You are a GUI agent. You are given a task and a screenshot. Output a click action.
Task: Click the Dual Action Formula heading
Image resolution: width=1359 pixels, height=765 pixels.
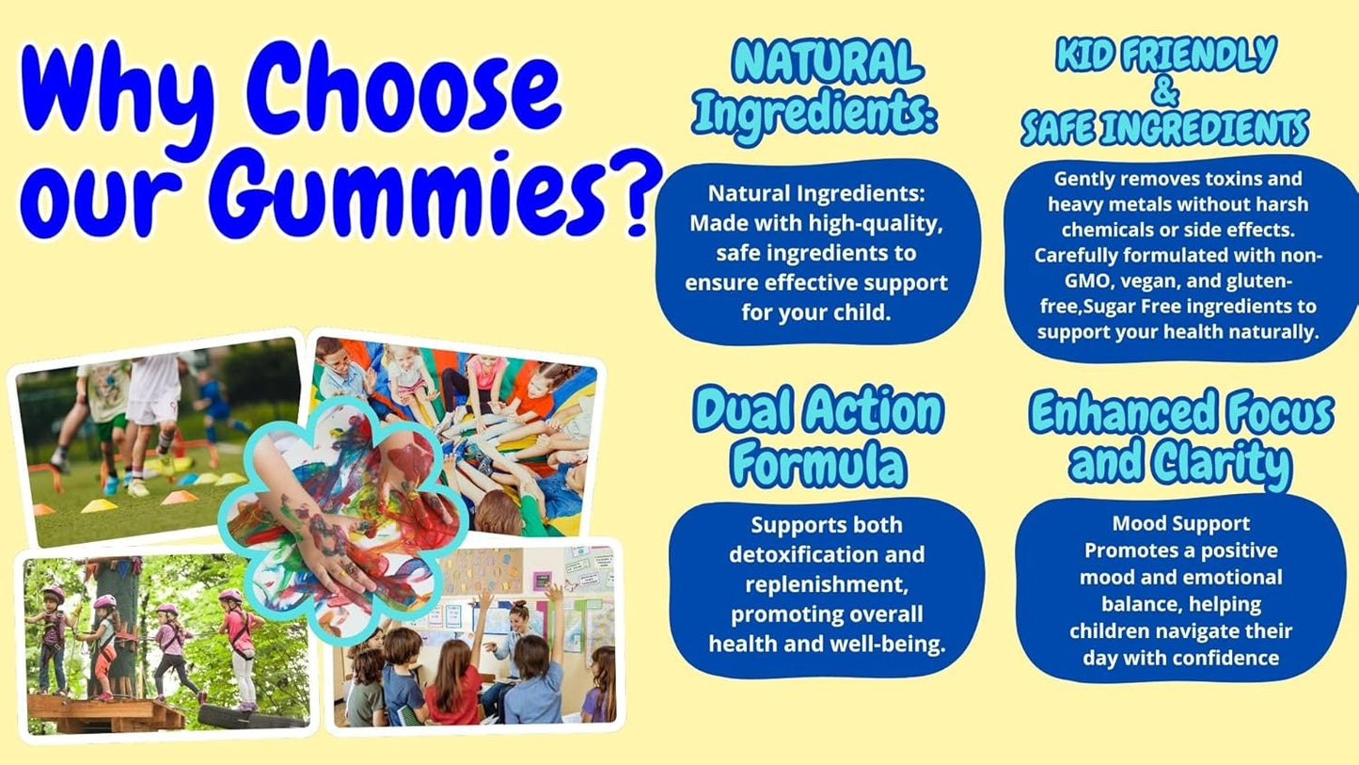[817, 437]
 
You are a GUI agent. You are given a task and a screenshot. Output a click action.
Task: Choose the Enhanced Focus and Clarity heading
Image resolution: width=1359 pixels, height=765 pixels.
[1181, 438]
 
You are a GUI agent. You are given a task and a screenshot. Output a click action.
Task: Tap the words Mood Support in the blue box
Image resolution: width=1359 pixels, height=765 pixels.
[1181, 523]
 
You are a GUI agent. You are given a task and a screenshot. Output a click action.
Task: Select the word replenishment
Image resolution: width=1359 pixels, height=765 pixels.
[827, 584]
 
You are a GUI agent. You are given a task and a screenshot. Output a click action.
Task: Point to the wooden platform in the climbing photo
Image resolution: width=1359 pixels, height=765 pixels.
[103, 711]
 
